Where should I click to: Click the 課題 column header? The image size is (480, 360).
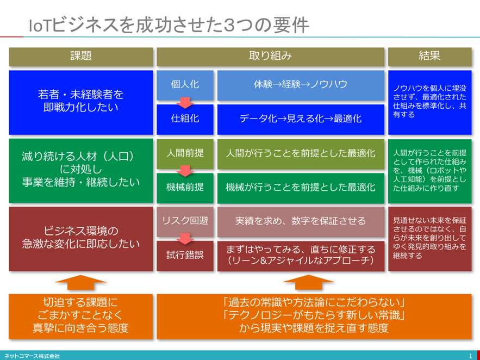(x=81, y=57)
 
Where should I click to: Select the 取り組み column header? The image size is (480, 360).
(x=270, y=57)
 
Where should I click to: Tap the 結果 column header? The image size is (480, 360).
(x=430, y=57)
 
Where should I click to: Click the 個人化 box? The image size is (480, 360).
(x=185, y=85)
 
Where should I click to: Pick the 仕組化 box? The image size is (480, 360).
(x=185, y=120)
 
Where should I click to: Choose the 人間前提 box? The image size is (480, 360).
(x=185, y=154)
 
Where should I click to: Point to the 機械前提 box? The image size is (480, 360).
(x=185, y=188)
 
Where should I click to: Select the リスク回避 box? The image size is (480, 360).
(x=185, y=222)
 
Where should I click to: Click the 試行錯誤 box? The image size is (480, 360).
(x=185, y=256)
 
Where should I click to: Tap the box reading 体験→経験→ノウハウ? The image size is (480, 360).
(x=301, y=85)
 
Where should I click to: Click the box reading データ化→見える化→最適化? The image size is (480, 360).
(x=301, y=120)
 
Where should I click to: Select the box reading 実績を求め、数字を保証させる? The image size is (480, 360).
(x=301, y=222)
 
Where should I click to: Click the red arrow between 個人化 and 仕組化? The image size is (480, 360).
(x=185, y=103)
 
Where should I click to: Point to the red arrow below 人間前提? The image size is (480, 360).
(x=185, y=171)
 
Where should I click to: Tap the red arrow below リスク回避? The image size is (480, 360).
(x=185, y=239)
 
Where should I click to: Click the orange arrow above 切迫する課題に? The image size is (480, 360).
(x=80, y=282)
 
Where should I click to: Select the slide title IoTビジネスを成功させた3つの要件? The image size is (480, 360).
(x=169, y=26)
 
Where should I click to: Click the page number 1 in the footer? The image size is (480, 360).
(x=471, y=356)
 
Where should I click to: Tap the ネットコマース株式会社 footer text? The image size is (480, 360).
(x=32, y=356)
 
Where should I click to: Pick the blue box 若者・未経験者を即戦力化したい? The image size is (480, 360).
(x=81, y=103)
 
